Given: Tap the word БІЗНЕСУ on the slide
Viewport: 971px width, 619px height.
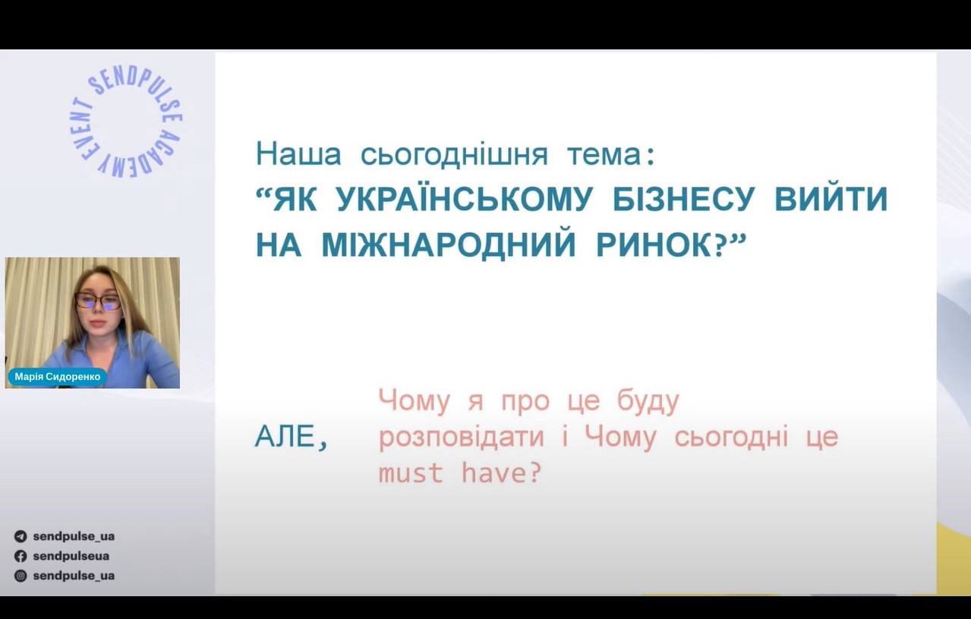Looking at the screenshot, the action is (684, 199).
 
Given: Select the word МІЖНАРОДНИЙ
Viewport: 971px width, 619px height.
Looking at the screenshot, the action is (449, 245).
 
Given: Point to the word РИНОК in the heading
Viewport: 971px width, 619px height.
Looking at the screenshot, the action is (654, 245).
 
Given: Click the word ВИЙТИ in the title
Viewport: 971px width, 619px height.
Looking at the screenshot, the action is (831, 199).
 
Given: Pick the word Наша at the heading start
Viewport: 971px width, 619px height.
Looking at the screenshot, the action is (298, 154).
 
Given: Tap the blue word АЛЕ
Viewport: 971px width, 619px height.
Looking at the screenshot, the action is (284, 437).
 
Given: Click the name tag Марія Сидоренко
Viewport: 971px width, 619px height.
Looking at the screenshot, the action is (57, 377).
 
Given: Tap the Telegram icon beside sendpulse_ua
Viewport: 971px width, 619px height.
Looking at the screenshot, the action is (20, 536).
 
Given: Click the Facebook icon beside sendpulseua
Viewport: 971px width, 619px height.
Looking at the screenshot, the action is (20, 556).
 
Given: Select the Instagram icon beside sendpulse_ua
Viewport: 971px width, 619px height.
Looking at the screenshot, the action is (20, 576).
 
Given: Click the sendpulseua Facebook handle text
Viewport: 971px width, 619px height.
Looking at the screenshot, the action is (71, 556).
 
